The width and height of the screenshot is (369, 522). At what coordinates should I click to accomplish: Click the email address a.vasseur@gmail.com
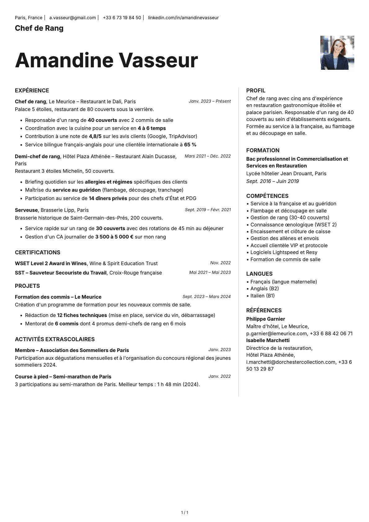(x=73, y=18)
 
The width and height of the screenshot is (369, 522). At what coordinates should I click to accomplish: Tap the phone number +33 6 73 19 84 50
(x=122, y=18)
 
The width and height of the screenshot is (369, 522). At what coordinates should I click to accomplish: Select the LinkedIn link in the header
(x=183, y=18)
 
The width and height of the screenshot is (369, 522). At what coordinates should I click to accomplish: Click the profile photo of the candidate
(x=337, y=53)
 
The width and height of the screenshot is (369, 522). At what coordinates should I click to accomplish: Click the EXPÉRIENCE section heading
(x=32, y=91)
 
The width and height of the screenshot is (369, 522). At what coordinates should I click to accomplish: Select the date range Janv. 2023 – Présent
(x=210, y=101)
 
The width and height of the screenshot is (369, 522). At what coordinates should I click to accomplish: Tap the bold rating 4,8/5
(x=95, y=136)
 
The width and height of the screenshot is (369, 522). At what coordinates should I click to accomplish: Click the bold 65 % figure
(x=190, y=145)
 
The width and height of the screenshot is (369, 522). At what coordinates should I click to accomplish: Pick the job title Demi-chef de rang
(x=37, y=156)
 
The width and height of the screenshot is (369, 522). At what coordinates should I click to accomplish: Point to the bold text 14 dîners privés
(x=108, y=198)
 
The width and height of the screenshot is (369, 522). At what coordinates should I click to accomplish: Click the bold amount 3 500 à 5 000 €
(x=114, y=237)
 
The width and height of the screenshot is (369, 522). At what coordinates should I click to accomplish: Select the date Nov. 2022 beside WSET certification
(x=220, y=263)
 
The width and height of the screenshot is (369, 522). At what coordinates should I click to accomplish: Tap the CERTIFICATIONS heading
(x=38, y=252)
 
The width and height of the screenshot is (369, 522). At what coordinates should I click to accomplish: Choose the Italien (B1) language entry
(x=262, y=296)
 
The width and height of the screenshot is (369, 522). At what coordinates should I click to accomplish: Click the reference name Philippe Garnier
(x=265, y=319)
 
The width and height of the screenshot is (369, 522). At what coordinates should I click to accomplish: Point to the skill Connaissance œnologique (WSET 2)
(x=293, y=225)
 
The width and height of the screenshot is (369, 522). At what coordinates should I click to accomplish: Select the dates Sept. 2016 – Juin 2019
(x=273, y=181)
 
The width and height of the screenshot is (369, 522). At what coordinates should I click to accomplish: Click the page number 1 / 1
(x=184, y=512)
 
